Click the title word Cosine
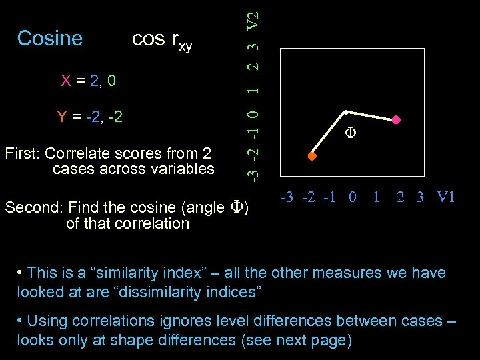(x=50, y=39)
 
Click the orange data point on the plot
(x=311, y=156)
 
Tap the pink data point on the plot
(x=396, y=120)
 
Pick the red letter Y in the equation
(x=62, y=118)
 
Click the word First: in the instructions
(x=22, y=154)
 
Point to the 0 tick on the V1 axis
(x=353, y=197)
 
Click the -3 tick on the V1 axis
(x=288, y=197)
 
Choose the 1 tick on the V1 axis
(x=377, y=197)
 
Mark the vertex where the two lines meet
(x=345, y=111)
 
